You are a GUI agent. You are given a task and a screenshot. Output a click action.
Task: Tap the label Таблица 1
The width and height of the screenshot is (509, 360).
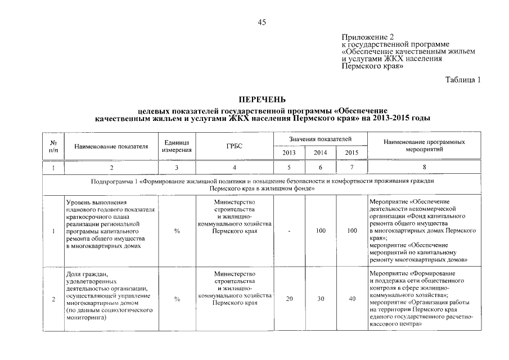point(463,80)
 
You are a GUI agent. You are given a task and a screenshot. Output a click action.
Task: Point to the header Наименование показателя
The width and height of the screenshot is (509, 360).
point(111,146)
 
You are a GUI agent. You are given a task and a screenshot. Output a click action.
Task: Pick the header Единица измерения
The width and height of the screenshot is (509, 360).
point(177,146)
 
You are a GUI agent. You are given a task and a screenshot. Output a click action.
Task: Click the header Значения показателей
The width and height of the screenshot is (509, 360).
point(321,138)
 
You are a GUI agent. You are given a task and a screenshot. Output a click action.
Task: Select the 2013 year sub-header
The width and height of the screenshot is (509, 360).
point(289,152)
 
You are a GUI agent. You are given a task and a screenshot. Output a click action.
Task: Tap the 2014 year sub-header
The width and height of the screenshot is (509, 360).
point(320,152)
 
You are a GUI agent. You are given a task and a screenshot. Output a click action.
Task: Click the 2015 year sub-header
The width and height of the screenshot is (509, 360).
point(352,152)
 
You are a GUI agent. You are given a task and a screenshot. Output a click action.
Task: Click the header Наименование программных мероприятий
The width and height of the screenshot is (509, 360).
point(424,146)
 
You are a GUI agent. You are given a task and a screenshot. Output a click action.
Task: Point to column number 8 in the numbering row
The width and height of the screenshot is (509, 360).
point(424,168)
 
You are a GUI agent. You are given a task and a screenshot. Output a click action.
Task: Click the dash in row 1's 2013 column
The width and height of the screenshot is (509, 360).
point(289,231)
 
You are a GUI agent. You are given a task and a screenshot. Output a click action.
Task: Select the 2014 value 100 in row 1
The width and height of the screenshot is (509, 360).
point(321,231)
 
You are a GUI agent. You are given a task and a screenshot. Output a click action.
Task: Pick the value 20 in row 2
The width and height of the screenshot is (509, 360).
point(289,299)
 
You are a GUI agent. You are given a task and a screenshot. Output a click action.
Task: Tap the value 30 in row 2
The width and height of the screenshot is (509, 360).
point(321,299)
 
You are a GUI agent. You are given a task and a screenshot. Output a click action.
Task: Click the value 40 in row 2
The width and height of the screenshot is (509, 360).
point(352,299)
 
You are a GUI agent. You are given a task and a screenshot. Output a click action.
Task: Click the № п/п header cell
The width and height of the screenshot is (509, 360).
point(53,146)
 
